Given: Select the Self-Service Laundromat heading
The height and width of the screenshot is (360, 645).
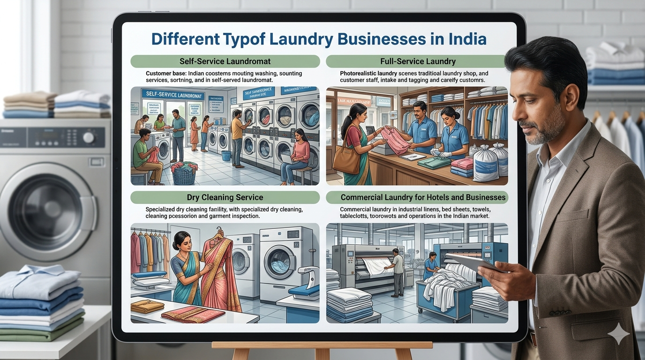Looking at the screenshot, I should pyautogui.click(x=225, y=61).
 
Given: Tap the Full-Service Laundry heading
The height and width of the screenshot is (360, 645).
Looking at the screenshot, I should pyautogui.click(x=418, y=61).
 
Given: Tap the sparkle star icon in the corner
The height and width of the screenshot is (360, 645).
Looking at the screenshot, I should pyautogui.click(x=618, y=334).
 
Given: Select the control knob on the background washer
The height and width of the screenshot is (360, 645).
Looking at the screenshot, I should pyautogui.click(x=88, y=137).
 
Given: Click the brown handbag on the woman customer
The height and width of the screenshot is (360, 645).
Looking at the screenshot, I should pyautogui.click(x=346, y=159).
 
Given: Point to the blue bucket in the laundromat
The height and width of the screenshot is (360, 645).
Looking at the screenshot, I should pyautogui.click(x=226, y=156).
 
